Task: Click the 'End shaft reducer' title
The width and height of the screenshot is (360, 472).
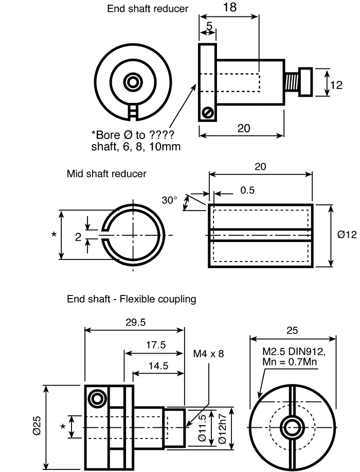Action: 148,8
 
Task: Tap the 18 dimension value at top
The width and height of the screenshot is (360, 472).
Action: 230,7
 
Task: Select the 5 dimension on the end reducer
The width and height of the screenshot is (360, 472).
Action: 209,26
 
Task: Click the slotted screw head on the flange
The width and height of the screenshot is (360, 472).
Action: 208,113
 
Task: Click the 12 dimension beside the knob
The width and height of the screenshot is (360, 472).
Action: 336,85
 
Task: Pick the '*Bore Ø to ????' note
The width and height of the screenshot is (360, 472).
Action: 132,134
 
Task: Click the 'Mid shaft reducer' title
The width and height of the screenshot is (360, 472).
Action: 106,173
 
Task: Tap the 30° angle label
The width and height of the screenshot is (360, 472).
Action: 169,200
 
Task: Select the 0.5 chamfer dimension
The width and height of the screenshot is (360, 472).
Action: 247,190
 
